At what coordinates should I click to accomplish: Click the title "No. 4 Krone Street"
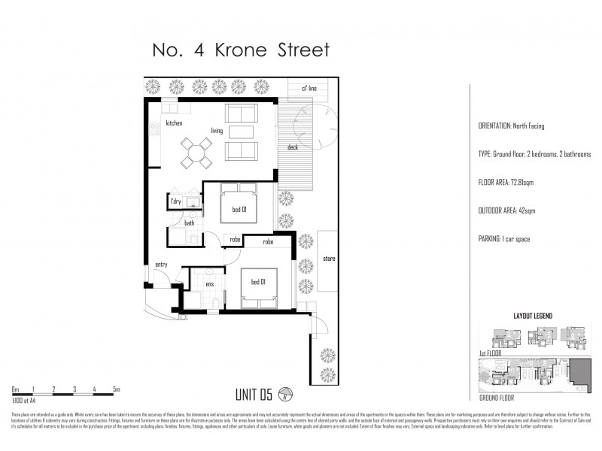(x=241, y=50)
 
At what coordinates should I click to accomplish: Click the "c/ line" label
(x=309, y=89)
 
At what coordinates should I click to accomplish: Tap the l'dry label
(x=176, y=201)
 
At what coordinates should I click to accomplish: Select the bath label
(x=190, y=222)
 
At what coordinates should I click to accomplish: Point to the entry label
(x=161, y=265)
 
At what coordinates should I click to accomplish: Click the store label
(x=328, y=259)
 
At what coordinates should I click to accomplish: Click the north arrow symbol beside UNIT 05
(x=285, y=392)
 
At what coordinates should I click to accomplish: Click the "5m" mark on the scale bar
(x=115, y=389)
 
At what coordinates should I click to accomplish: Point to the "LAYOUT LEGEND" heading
(x=534, y=316)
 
